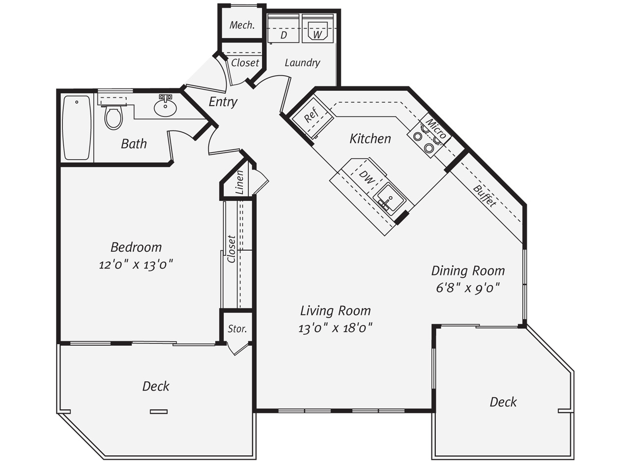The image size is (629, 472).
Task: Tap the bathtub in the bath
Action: click(x=77, y=128)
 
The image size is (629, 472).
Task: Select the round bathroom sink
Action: click(x=165, y=106)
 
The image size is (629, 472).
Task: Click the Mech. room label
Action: click(x=242, y=25)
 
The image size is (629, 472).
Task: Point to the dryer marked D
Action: click(x=284, y=29)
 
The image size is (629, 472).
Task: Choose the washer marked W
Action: click(x=317, y=29)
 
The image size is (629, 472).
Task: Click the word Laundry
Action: click(x=302, y=63)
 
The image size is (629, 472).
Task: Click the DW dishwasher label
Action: click(x=367, y=177)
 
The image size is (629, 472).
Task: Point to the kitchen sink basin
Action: click(x=389, y=198)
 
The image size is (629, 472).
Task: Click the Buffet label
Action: click(x=485, y=196)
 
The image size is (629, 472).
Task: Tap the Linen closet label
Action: click(x=239, y=182)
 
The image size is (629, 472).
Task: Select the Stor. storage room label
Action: click(x=237, y=329)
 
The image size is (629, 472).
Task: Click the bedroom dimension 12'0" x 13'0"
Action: click(x=136, y=265)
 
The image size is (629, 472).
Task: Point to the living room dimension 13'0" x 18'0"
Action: click(x=335, y=328)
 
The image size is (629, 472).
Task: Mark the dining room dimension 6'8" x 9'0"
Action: click(x=468, y=288)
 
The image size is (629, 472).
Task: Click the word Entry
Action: click(x=223, y=102)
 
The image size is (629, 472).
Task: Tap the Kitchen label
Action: click(x=370, y=139)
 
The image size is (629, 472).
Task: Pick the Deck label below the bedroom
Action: click(x=156, y=386)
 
